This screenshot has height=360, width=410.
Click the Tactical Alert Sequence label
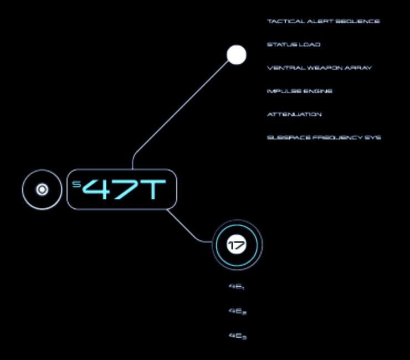pos(323,22)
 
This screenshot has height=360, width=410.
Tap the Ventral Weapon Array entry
pos(319,68)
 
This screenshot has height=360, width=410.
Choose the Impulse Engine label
pos(299,91)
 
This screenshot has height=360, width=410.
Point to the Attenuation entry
pos(294,115)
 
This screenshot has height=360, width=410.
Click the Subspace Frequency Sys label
pos(324,138)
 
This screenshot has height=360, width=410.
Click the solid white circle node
pos(237,55)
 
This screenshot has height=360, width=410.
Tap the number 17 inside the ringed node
pos(237,245)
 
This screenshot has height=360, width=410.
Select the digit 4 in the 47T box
pos(98,190)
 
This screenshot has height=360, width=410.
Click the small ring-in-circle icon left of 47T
pos(42,190)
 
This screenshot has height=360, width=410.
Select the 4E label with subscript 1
pos(237,287)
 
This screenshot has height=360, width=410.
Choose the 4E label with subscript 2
pos(237,311)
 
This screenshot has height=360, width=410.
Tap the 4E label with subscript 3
pos(237,336)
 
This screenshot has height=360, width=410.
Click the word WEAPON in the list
pos(320,68)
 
